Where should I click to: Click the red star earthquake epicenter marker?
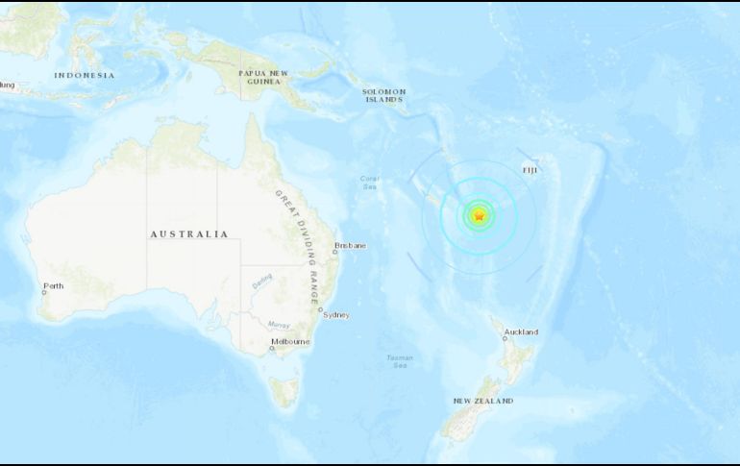click(x=479, y=216)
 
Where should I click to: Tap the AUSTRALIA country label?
click(x=189, y=233)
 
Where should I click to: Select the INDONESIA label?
click(x=84, y=75)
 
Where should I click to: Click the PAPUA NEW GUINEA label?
click(x=263, y=78)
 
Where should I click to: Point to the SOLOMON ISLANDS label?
click(x=382, y=95)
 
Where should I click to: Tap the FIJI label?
click(x=530, y=170)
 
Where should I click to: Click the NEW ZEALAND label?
click(x=482, y=401)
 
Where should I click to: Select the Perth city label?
click(x=53, y=285)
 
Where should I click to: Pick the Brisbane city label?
click(x=350, y=245)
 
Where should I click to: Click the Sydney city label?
click(x=336, y=315)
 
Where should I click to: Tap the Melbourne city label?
click(x=290, y=341)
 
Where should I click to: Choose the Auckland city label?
click(x=522, y=332)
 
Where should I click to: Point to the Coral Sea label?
click(x=370, y=182)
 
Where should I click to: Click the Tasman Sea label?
click(x=400, y=361)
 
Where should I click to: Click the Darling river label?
click(x=262, y=282)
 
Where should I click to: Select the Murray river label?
click(x=280, y=324)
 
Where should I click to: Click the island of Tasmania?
click(x=284, y=391)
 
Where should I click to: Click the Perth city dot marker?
click(x=44, y=292)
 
